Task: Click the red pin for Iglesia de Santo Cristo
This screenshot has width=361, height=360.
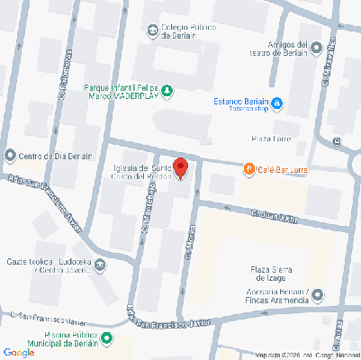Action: [x=180, y=167]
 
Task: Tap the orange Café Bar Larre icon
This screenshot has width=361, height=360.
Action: [x=248, y=168]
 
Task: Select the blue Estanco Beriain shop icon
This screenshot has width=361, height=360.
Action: [x=278, y=103]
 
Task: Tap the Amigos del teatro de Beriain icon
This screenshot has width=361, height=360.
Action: [x=315, y=46]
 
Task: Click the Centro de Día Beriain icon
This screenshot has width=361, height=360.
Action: [x=10, y=155]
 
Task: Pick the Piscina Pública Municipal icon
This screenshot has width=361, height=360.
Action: [x=107, y=338]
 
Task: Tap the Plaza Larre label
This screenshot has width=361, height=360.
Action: [x=268, y=138]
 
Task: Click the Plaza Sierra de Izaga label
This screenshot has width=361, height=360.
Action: [x=275, y=274]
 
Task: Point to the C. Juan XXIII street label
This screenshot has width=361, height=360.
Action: [x=275, y=216]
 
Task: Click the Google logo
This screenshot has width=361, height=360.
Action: [x=19, y=352]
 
